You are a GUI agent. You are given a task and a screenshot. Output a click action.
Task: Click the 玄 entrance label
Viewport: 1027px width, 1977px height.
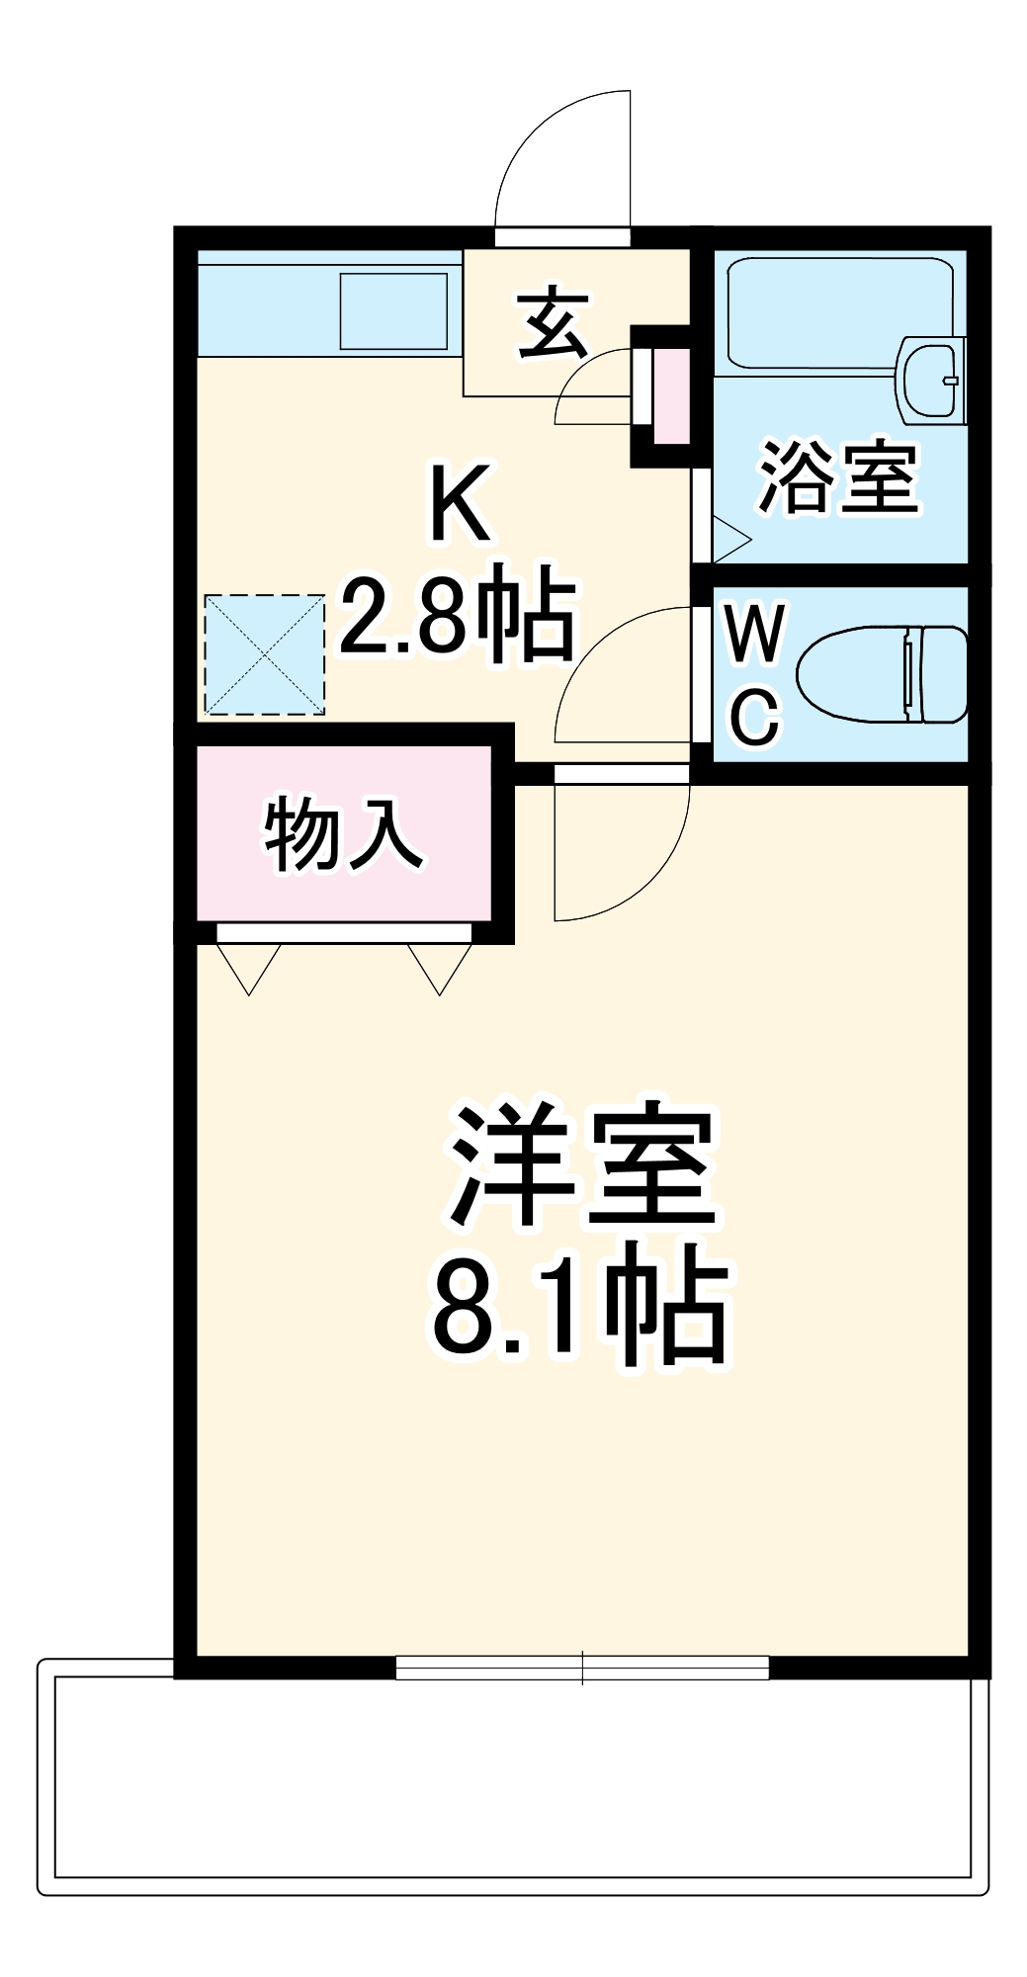(x=554, y=322)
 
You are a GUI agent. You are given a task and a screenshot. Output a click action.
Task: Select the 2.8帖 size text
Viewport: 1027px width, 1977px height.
(x=457, y=618)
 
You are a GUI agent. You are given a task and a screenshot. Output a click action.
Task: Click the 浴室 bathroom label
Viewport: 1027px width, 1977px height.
(x=838, y=477)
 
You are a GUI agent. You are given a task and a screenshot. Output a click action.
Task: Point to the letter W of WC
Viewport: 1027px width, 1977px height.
(x=754, y=634)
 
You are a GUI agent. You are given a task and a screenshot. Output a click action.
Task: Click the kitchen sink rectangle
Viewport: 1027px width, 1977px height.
(x=393, y=310)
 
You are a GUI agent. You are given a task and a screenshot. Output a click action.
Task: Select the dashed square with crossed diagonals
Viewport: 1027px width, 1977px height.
(x=264, y=653)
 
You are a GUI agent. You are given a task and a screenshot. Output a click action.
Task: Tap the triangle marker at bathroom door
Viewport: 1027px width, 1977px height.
(x=729, y=539)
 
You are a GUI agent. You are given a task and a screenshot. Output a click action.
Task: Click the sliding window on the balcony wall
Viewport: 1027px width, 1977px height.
(x=581, y=1668)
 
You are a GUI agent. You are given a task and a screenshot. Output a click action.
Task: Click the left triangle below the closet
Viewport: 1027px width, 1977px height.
(x=249, y=966)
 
